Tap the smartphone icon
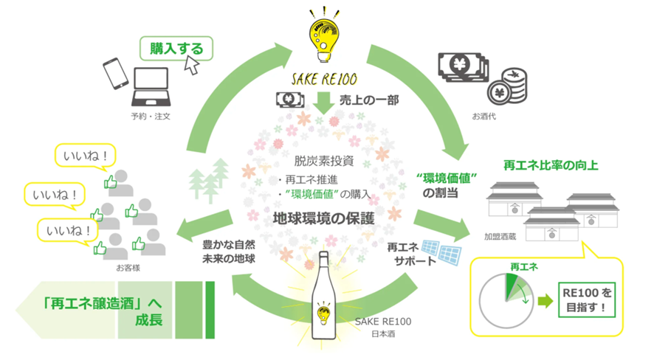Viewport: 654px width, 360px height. (x=116, y=74)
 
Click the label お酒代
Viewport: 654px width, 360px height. (x=486, y=116)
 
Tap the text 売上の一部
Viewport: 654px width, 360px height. (x=369, y=99)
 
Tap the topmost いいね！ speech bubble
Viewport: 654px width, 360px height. (x=84, y=156)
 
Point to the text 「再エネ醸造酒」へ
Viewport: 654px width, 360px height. (x=102, y=303)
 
